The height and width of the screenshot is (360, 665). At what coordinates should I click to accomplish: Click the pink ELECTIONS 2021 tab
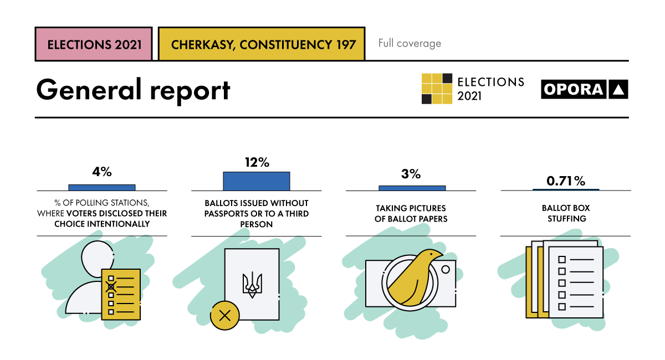pos(93,44)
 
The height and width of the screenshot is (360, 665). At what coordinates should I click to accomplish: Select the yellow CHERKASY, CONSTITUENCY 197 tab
pos(261,44)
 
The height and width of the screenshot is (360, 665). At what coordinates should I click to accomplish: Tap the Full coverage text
pos(410,43)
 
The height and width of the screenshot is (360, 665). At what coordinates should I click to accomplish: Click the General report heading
pos(133,90)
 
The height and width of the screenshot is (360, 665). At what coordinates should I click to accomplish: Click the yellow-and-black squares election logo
pos(437,89)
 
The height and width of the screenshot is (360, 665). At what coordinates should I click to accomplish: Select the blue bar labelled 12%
pos(257,181)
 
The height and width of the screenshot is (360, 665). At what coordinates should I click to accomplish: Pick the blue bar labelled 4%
pos(102,188)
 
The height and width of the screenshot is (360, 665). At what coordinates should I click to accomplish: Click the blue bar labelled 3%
pos(412,188)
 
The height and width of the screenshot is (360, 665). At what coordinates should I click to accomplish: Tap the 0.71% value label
pos(565,181)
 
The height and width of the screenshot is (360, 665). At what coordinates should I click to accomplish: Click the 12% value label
pos(257,162)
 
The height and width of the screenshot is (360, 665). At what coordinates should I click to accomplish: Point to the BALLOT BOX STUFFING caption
pos(565,213)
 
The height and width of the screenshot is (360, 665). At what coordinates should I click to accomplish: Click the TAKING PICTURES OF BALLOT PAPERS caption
pos(411,213)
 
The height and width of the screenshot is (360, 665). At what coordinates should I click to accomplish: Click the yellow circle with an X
pos(224,316)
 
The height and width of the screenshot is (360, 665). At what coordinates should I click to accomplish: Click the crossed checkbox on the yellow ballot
pos(111,286)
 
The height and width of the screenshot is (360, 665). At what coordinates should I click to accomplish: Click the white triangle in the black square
pos(618,90)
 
